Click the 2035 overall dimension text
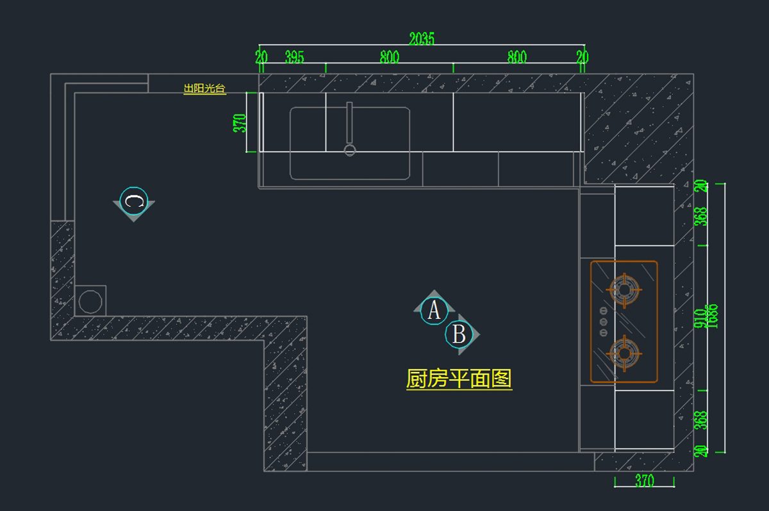coord(421,39)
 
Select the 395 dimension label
coord(294,57)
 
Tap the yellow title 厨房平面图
coord(459,379)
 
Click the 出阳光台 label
coord(204,89)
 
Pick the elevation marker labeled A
coord(434,311)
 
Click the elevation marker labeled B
coord(459,334)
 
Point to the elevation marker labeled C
coord(134,202)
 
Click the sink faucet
coord(349,128)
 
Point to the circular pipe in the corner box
coord(90,301)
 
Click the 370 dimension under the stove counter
coord(644,481)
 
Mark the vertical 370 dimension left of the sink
coord(239,123)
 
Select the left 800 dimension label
coord(389,57)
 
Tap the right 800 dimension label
coord(517,57)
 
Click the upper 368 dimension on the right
coord(701,216)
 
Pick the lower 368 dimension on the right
coord(701,420)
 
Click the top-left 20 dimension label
coord(261,57)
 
